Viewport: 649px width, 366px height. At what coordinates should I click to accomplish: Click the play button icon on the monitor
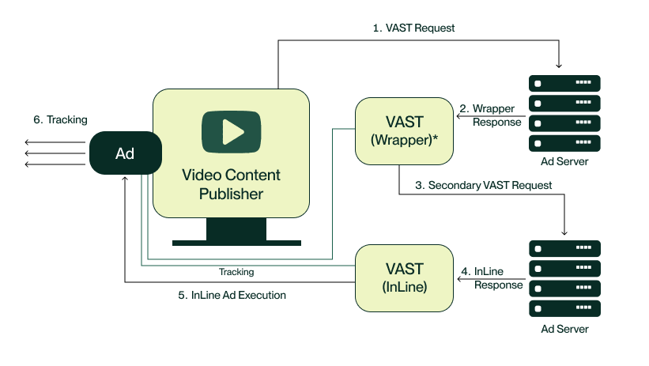[x=231, y=131]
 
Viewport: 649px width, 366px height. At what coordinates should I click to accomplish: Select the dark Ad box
[x=125, y=153]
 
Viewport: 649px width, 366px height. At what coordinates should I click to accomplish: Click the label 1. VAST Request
[x=413, y=28]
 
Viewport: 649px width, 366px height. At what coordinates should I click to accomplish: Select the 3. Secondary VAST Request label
[x=483, y=186]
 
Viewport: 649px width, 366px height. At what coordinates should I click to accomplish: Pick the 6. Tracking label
[x=60, y=119]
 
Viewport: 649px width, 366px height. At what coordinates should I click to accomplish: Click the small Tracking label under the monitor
[x=236, y=272]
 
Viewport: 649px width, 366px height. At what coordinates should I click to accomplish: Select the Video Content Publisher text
[x=231, y=184]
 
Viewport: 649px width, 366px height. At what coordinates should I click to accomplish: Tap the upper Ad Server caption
[x=564, y=161]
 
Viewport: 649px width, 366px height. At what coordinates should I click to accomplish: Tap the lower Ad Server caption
[x=564, y=328]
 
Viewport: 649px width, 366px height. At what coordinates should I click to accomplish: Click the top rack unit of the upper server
[x=564, y=83]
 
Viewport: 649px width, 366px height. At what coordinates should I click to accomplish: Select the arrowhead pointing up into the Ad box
[x=125, y=179]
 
